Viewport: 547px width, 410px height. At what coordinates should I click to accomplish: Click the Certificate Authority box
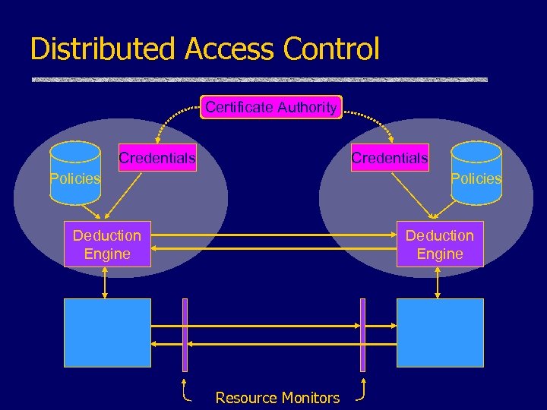[271, 107]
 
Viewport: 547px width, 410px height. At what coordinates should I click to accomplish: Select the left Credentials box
[157, 158]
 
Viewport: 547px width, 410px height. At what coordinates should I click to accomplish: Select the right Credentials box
[389, 158]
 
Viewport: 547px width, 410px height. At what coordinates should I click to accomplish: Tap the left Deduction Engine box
[107, 244]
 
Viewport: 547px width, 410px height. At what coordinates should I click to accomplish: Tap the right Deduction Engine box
[440, 244]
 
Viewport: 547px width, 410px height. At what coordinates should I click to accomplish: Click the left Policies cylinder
[75, 173]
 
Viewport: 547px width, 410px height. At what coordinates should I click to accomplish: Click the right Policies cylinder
[476, 173]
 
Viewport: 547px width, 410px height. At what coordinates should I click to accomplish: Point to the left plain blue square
[107, 332]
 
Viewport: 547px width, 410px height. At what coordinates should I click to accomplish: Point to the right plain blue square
[440, 332]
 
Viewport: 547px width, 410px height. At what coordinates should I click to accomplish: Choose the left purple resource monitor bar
[185, 334]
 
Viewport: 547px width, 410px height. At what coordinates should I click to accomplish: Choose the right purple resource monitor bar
[362, 334]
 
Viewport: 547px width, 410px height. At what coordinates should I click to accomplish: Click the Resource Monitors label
[277, 398]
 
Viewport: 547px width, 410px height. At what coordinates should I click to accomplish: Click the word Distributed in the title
[102, 49]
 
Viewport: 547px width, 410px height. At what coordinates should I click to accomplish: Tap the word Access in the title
[229, 49]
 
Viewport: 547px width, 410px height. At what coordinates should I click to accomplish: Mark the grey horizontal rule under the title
[259, 79]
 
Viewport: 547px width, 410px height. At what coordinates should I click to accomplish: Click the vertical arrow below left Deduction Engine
[106, 282]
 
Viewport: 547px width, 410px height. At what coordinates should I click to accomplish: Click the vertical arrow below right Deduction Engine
[438, 282]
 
